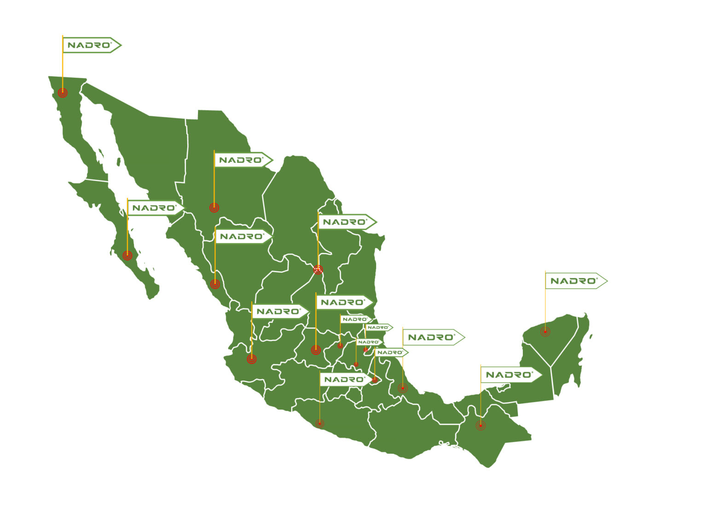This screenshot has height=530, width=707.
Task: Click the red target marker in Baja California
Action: pos(63,92)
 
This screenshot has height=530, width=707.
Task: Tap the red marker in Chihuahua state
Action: pos(214,207)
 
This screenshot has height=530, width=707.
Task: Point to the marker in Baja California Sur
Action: pos(127,255)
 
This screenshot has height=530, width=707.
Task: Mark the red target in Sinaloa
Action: pos(215,284)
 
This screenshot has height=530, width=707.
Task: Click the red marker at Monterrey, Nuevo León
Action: pos(318,270)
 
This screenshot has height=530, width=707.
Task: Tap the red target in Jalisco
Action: pos(252,359)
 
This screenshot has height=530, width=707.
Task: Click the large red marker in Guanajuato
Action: pos(316,350)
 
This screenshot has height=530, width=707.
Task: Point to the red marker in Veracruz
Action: pos(403,388)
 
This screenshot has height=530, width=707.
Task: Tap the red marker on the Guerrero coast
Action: pos(320,423)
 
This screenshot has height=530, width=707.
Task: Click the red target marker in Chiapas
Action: pos(481,426)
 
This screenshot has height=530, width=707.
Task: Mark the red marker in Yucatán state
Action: pos(545,331)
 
